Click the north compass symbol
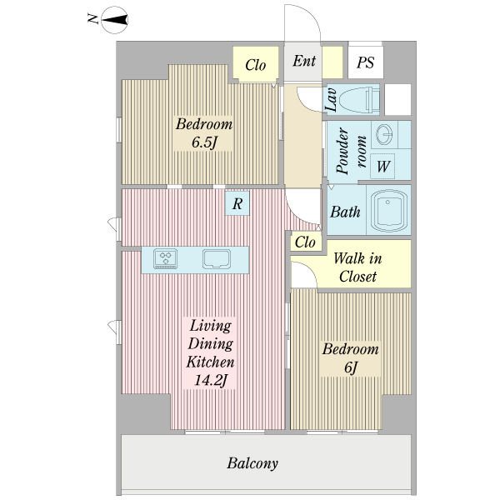coord(114,20)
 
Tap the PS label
coord(365,62)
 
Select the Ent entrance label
coord(304,61)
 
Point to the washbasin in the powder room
coord(384,134)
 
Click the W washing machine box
coord(382,166)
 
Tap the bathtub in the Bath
coord(388,211)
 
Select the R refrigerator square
coord(237,203)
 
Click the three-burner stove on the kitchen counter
coord(165,258)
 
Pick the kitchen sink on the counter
coord(217,259)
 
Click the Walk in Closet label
coord(357,267)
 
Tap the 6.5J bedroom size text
coord(204,142)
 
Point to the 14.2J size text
coord(211,380)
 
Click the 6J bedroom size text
coord(350,367)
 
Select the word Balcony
coord(252,463)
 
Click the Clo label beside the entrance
coord(256,65)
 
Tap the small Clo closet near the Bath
coord(305,242)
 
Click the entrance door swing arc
coord(315,19)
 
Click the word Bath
coord(345,212)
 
